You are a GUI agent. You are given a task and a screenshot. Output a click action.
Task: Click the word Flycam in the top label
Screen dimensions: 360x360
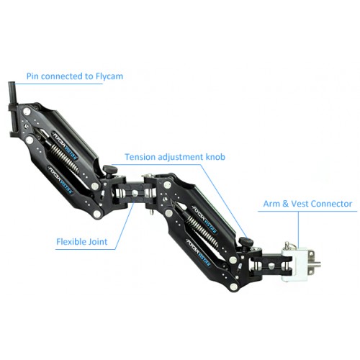tap(109, 76)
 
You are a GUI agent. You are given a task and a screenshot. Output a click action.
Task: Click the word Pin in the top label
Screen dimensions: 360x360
tap(32, 76)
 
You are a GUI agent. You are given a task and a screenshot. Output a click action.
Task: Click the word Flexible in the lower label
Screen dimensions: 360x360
tap(71, 241)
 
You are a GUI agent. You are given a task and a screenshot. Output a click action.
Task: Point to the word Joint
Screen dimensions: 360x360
tap(98, 241)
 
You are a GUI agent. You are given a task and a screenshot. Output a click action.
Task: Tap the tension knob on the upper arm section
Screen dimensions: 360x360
tap(110, 171)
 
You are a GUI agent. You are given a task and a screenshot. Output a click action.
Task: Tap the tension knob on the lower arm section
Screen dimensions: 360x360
tap(246, 243)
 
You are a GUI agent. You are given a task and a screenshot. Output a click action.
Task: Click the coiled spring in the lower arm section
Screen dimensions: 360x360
tap(202, 230)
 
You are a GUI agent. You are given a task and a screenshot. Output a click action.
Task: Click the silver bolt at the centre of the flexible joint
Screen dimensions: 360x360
tap(135, 193)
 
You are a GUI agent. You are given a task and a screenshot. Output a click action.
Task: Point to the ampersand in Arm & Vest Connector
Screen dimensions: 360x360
tap(285, 204)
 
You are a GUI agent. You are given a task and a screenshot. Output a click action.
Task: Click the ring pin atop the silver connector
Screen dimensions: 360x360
tap(287, 246)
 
